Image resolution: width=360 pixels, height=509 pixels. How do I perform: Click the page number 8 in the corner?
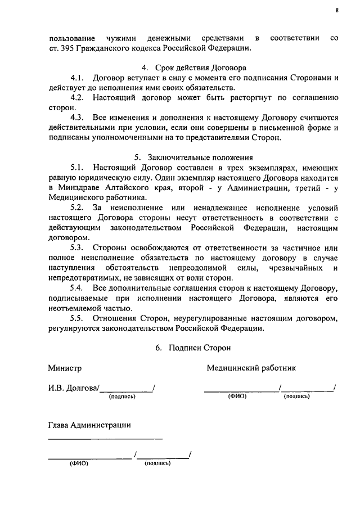pyautogui.click(x=336, y=10)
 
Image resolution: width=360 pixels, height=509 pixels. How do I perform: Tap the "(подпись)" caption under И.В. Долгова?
pyautogui.click(x=122, y=397)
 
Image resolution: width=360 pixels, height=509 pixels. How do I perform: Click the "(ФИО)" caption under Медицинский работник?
pyautogui.click(x=237, y=397)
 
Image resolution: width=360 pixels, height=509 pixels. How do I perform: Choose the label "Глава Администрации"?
pyautogui.click(x=89, y=425)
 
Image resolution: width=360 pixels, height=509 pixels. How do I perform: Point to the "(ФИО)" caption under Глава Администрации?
pyautogui.click(x=80, y=464)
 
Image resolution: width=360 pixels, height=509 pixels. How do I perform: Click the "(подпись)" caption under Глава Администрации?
pyautogui.click(x=158, y=464)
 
